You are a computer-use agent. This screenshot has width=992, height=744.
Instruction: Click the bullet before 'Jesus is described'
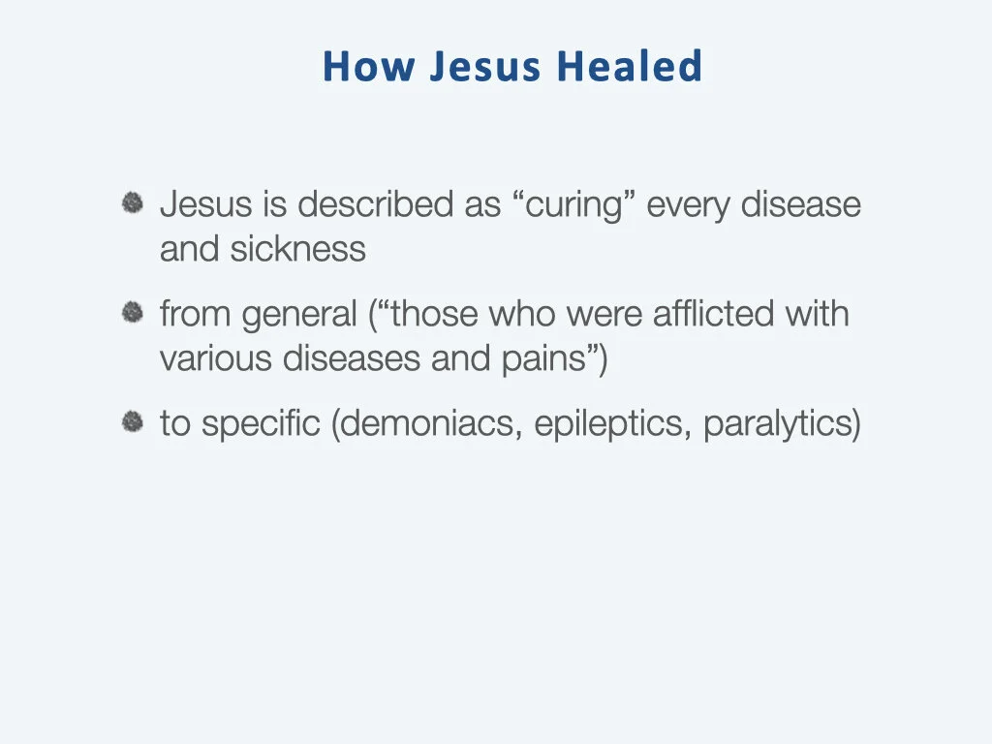point(133,203)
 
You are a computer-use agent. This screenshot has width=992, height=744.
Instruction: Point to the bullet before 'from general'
point(133,313)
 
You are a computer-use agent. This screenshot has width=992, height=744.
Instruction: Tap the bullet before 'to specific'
point(133,422)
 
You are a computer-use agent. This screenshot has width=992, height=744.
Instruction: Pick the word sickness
point(297,249)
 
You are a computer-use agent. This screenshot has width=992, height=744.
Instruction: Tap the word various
point(216,358)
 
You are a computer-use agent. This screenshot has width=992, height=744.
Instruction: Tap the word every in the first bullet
point(688,205)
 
